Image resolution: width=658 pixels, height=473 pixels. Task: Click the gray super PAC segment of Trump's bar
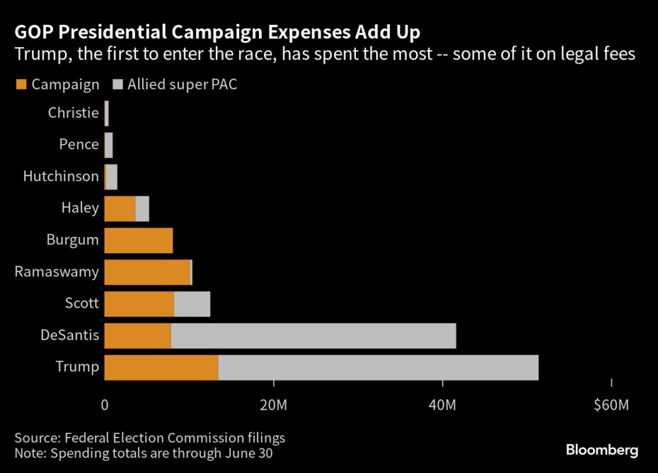coord(378,367)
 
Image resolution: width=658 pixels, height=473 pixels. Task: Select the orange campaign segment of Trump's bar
coord(161,367)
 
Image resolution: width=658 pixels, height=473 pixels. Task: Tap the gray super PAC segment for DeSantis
coord(314,335)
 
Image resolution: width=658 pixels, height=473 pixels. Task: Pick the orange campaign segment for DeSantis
coord(138,335)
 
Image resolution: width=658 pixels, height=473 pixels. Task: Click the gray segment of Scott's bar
coord(192,304)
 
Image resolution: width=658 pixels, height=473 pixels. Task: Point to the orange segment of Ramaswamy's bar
coord(147,272)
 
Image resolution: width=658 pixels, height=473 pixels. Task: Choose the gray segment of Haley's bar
coord(142,209)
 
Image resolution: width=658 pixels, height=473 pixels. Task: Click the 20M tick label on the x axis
coord(274,406)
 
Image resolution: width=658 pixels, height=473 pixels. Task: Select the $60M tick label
coord(611,406)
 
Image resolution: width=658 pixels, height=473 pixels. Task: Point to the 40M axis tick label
coord(443,406)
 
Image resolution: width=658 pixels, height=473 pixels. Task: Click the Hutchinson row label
coord(61,176)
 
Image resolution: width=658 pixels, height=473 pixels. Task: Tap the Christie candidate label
coord(73,113)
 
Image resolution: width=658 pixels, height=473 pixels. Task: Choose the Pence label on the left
coord(79,145)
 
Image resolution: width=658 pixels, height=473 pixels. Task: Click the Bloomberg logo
coord(602,450)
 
